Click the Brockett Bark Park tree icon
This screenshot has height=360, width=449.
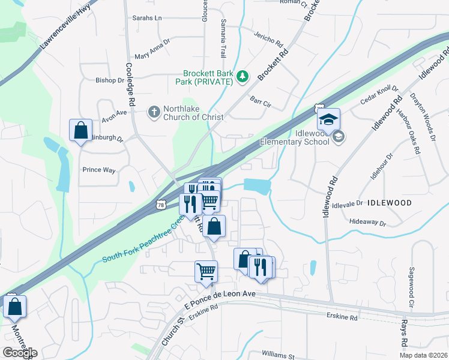(x=243, y=76)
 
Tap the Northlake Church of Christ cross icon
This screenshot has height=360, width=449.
(x=154, y=112)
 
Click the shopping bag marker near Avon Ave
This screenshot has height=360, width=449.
(x=80, y=130)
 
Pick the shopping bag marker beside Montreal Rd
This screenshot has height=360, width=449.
(x=14, y=306)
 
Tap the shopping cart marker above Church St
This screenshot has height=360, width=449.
(x=206, y=271)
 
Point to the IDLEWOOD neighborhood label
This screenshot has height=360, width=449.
(x=389, y=203)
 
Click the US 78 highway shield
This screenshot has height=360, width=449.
(x=161, y=205)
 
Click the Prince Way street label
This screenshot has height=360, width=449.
(x=99, y=170)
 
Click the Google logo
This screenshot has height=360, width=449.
(x=20, y=353)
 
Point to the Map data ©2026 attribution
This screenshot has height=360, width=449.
(x=423, y=355)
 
